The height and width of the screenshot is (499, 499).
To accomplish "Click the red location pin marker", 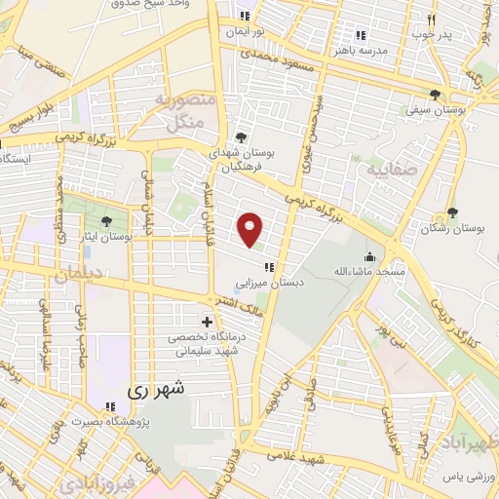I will click(x=251, y=229).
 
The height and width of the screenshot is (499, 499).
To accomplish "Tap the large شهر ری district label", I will click(x=157, y=388).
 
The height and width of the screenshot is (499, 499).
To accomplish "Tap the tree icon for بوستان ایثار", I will click(x=105, y=222).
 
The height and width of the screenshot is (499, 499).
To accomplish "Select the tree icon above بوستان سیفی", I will click(x=434, y=95).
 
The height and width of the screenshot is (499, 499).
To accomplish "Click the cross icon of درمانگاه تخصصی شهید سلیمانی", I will click(x=207, y=322).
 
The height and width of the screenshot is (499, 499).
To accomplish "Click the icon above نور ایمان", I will click(x=245, y=16).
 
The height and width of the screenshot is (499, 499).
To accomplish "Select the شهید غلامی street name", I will click(x=292, y=458).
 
